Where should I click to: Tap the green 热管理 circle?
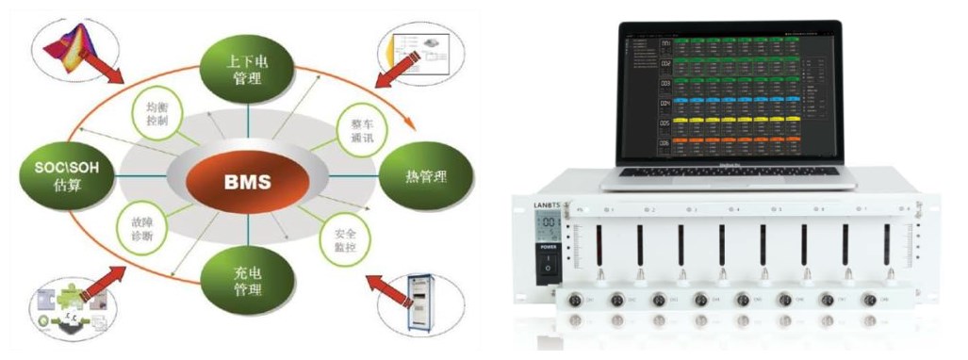421,175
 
